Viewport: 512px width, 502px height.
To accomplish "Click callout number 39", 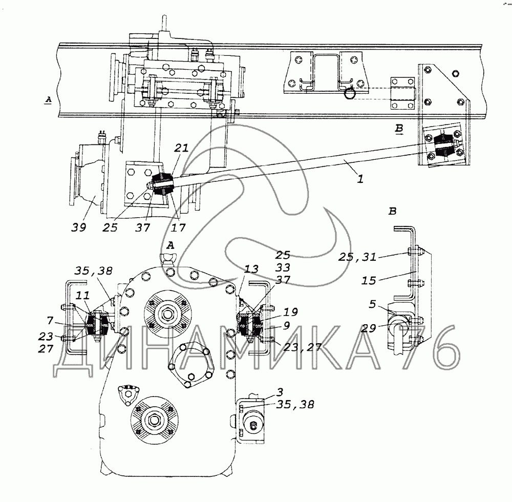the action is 78,227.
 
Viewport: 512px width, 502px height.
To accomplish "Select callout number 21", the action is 181,148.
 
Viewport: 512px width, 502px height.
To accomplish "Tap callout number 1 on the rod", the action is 360,179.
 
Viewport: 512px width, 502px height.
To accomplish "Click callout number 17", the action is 178,227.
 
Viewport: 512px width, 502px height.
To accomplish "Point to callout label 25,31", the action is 357,257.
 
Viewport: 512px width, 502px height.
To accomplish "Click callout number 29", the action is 368,328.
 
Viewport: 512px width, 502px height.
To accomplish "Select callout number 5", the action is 373,304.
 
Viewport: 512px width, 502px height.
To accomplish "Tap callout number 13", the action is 251,269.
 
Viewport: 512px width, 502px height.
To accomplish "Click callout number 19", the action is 290,312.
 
